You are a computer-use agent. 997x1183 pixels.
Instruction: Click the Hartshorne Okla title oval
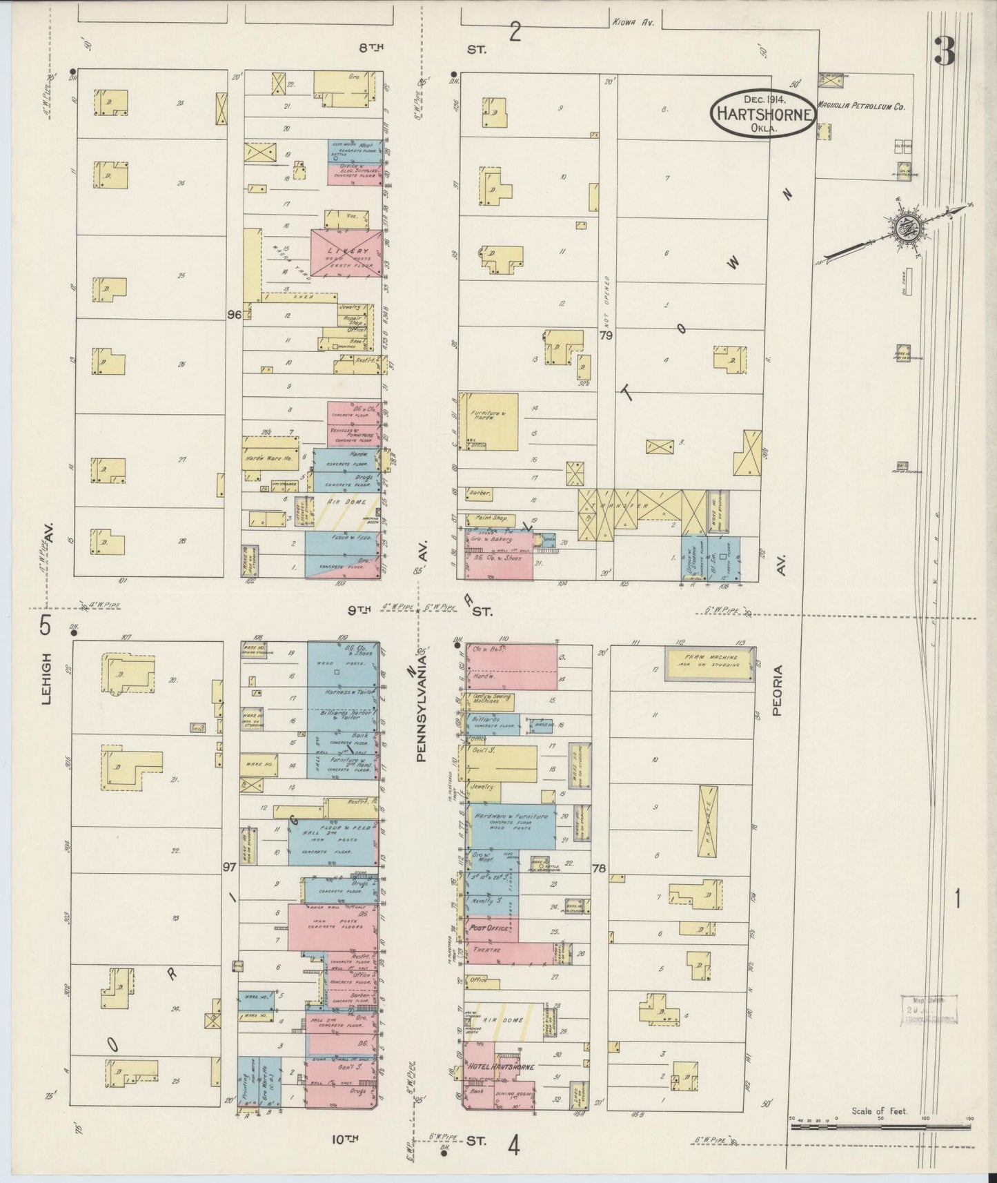[x=763, y=114]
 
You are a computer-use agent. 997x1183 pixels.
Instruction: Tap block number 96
[x=233, y=315]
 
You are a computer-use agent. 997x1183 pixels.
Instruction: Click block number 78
[x=598, y=869]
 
